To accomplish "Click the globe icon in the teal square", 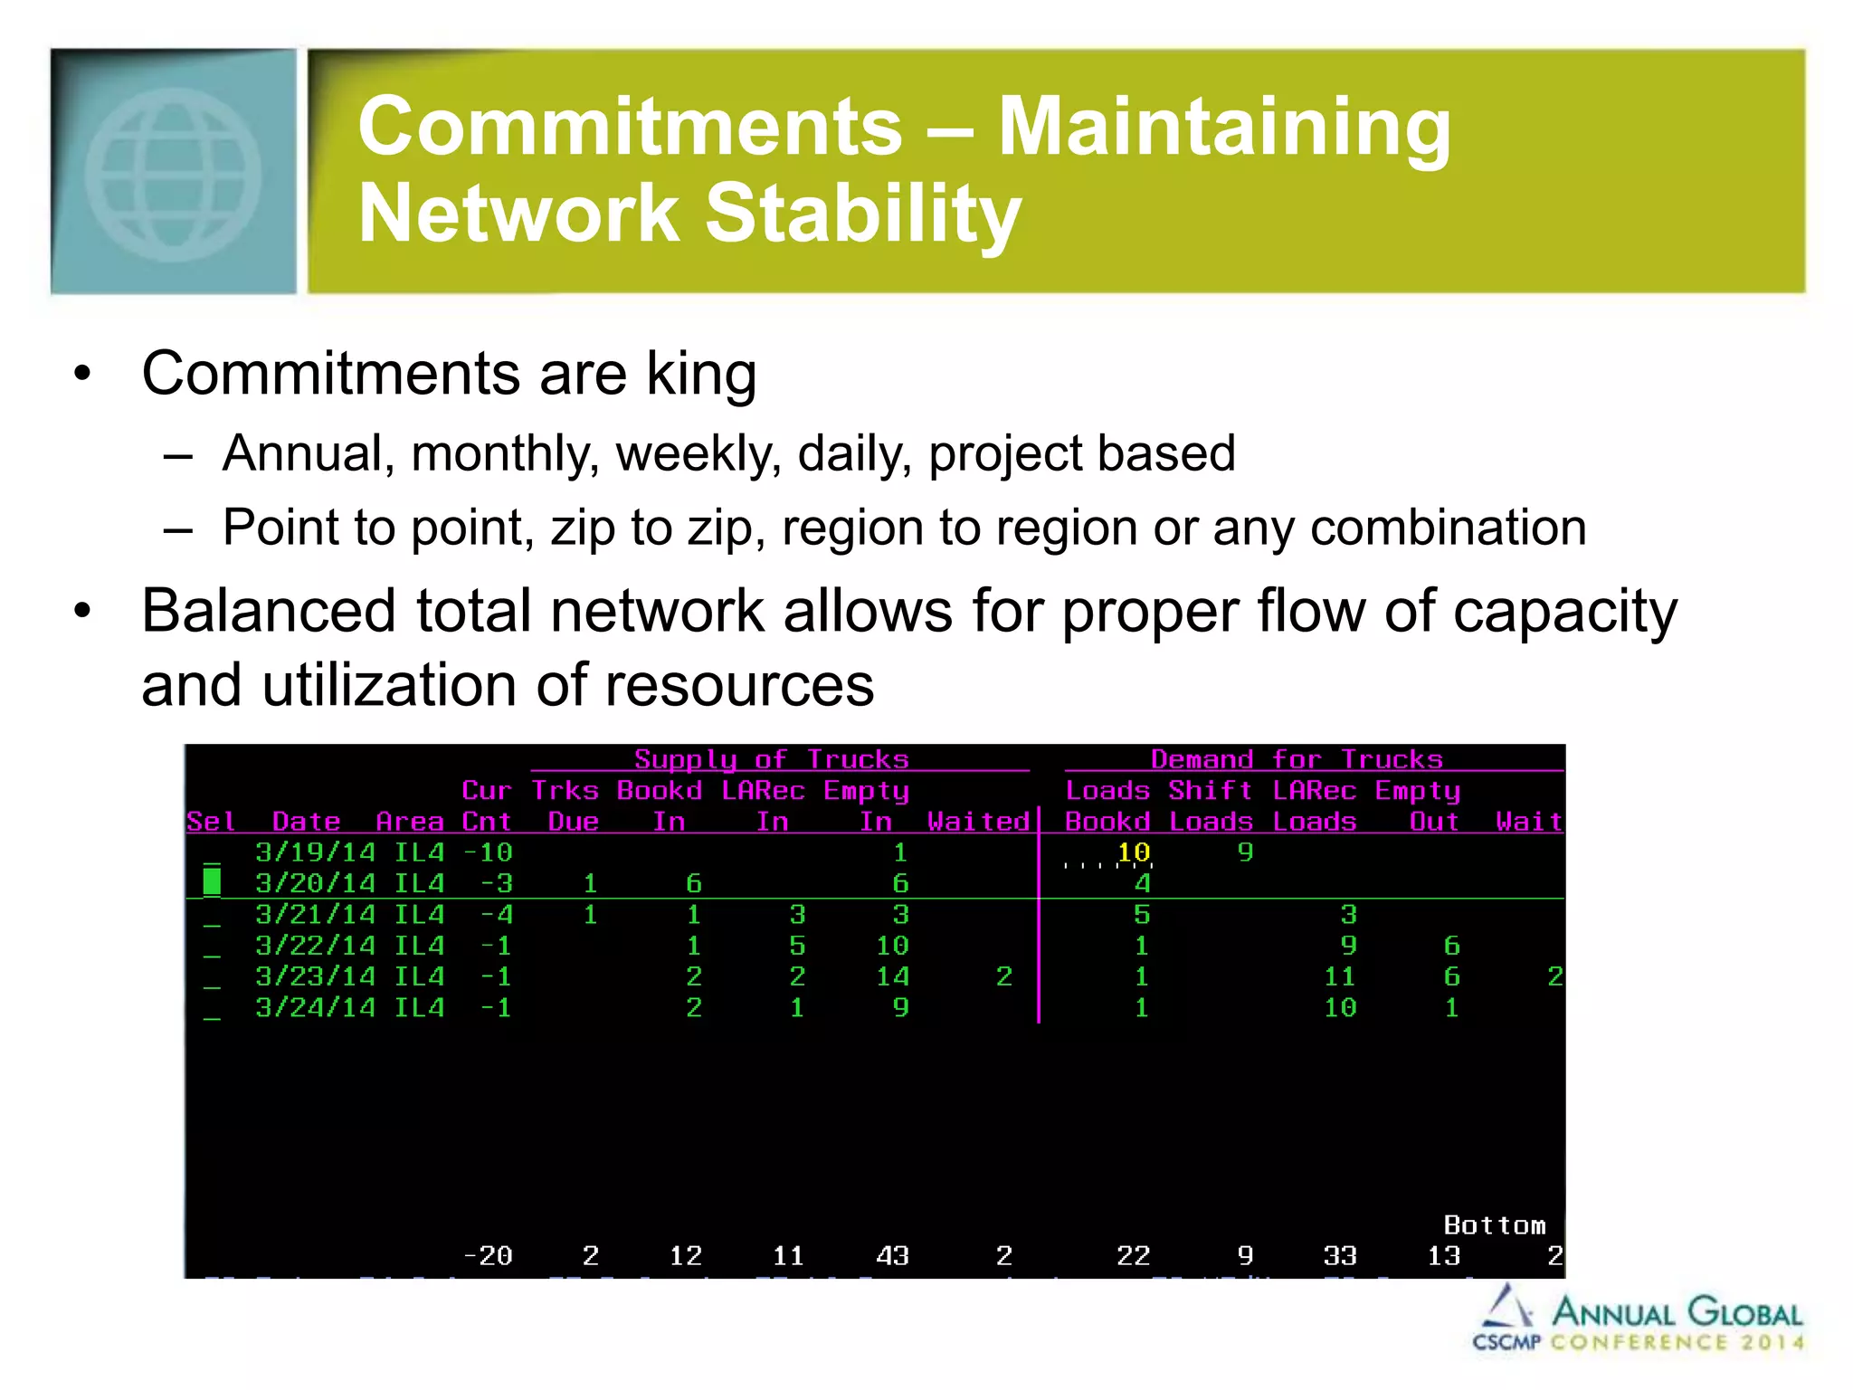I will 173,175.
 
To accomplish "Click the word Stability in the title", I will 863,214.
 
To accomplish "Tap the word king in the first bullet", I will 701,374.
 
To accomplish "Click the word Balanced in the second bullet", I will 269,611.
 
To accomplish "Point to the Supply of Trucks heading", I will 771,759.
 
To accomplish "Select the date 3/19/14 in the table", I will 315,852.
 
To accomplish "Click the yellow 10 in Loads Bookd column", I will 1133,852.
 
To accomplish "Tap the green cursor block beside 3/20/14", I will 212,881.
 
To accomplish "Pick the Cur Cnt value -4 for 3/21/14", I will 497,914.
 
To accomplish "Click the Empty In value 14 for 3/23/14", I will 892,976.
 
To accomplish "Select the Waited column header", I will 978,822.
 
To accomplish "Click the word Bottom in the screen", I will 1494,1225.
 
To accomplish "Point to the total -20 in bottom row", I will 488,1256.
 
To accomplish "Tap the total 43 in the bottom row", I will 892,1256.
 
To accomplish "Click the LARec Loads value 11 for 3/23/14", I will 1340,976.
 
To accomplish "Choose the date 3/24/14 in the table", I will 315,1007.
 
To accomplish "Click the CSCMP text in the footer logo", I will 1506,1342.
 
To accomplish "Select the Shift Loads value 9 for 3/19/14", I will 1245,852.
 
